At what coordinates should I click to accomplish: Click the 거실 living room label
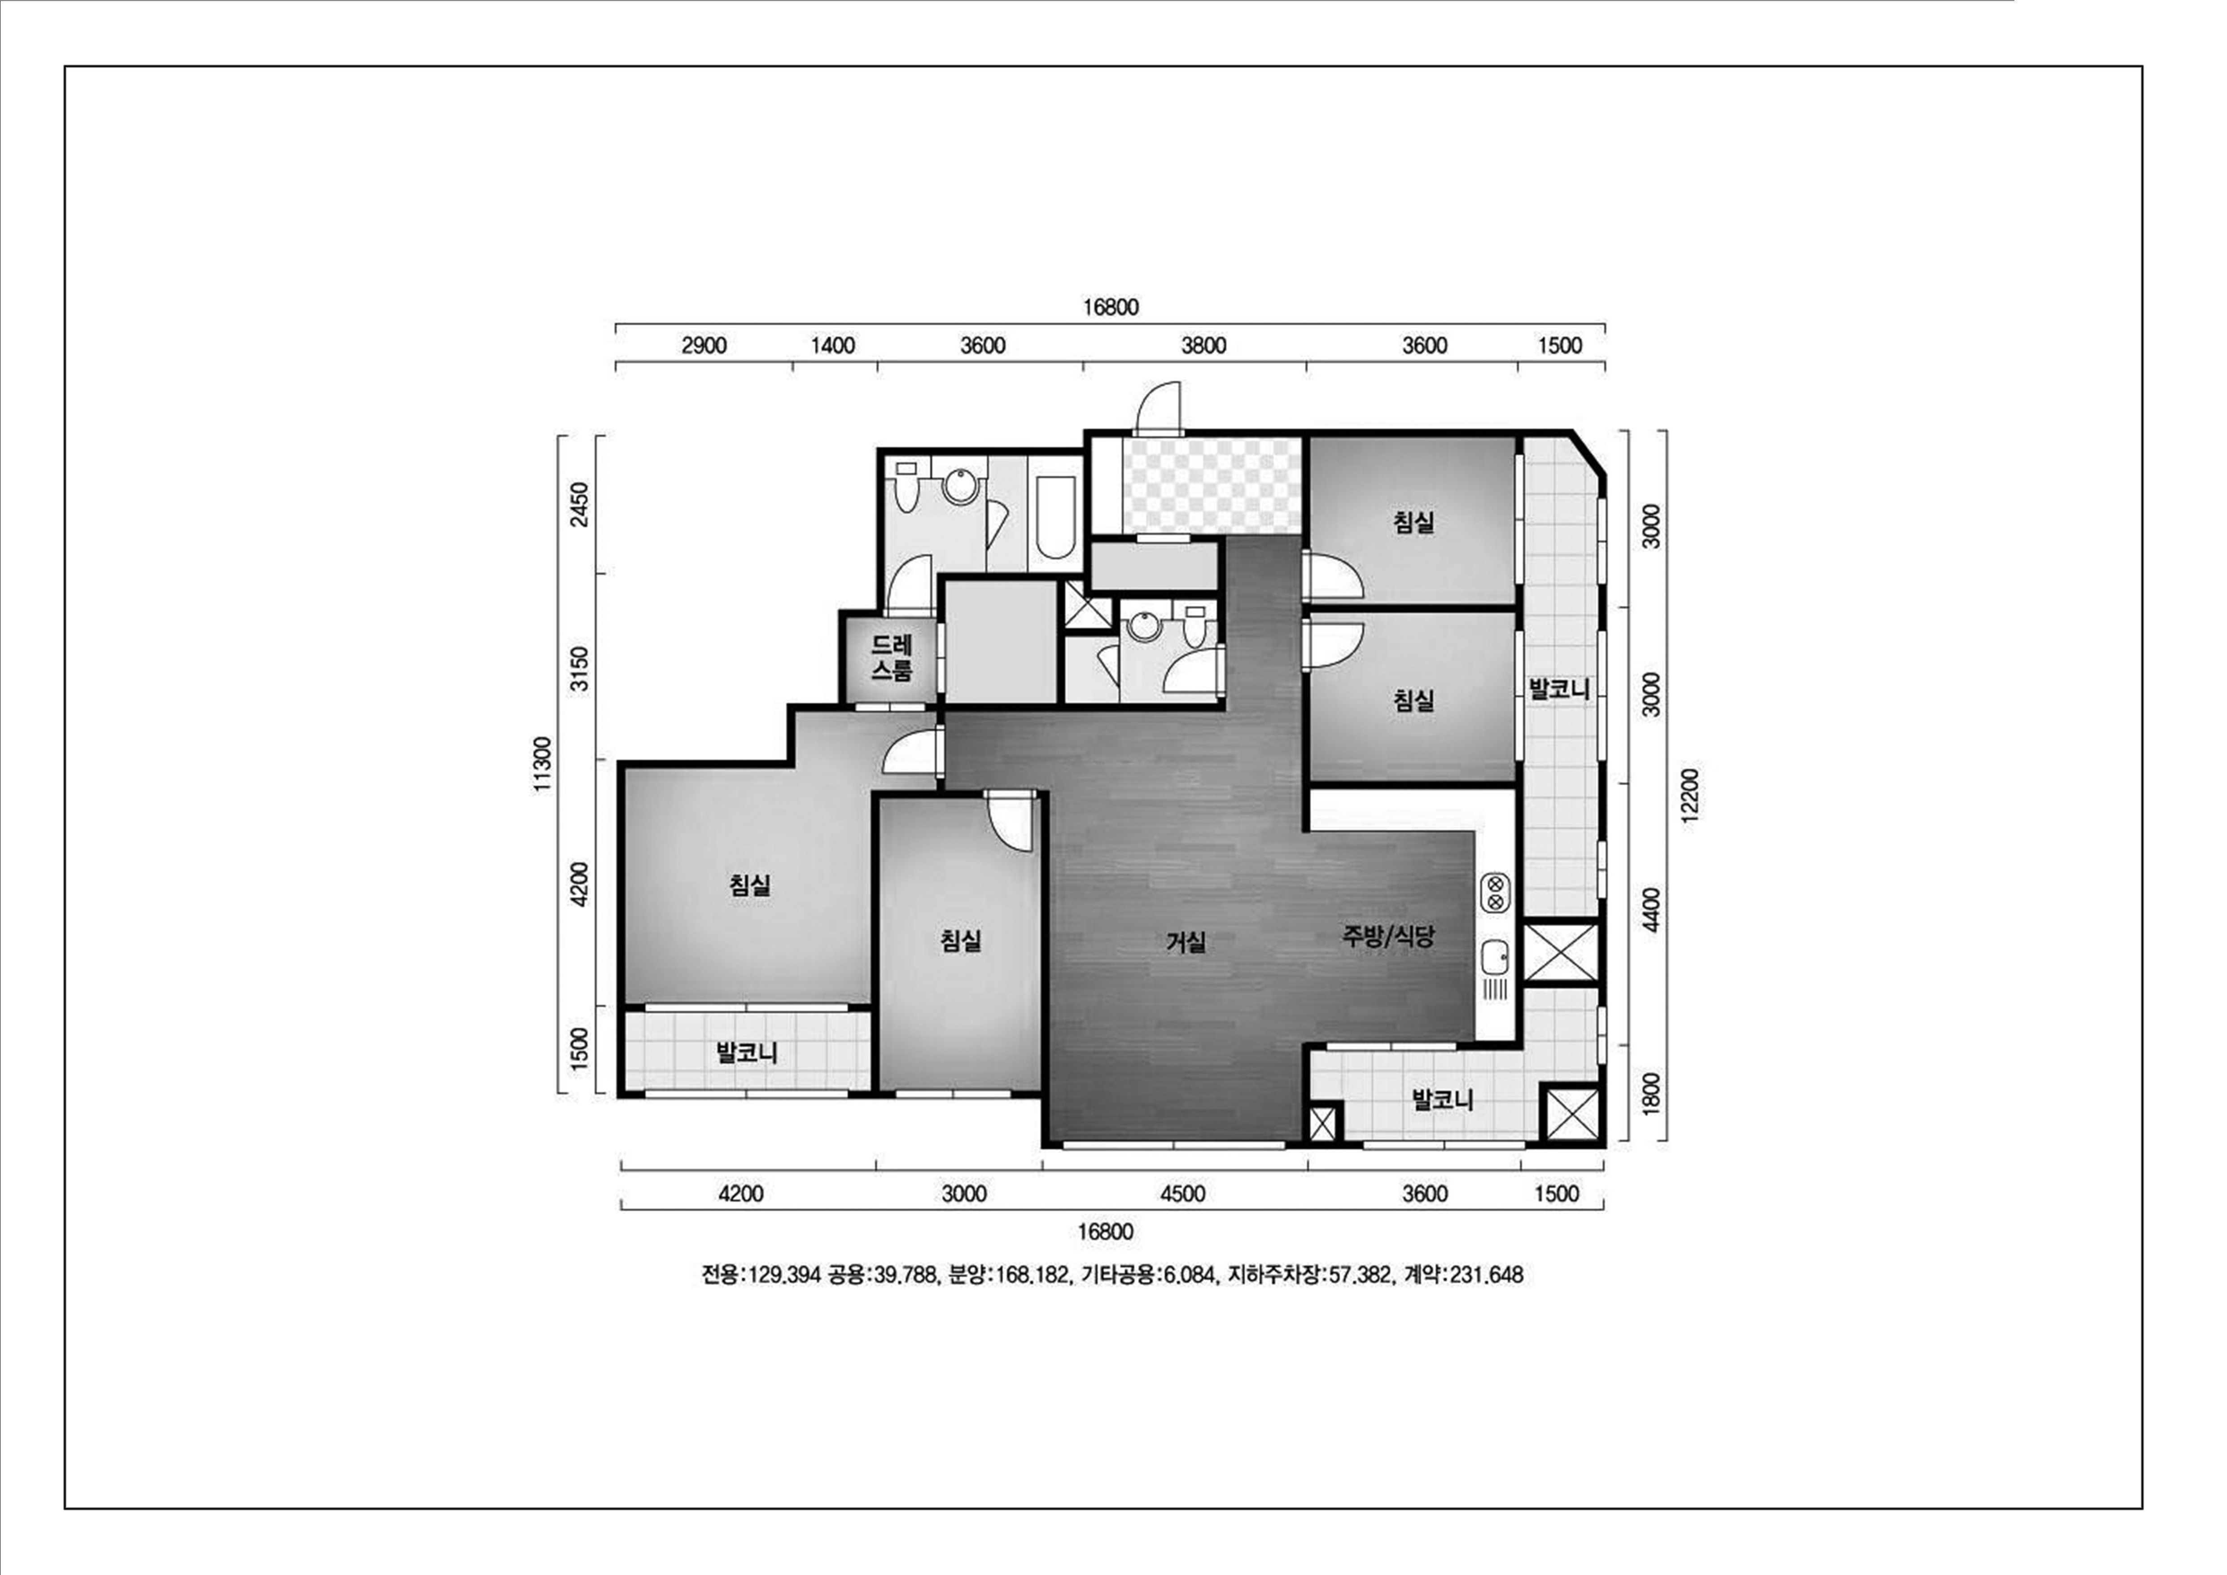(1185, 941)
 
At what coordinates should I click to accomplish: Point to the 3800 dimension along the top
(1204, 345)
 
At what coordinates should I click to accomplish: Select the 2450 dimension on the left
(579, 505)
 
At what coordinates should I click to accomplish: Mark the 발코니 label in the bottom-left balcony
(747, 1053)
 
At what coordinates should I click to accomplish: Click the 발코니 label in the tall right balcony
(1560, 690)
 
